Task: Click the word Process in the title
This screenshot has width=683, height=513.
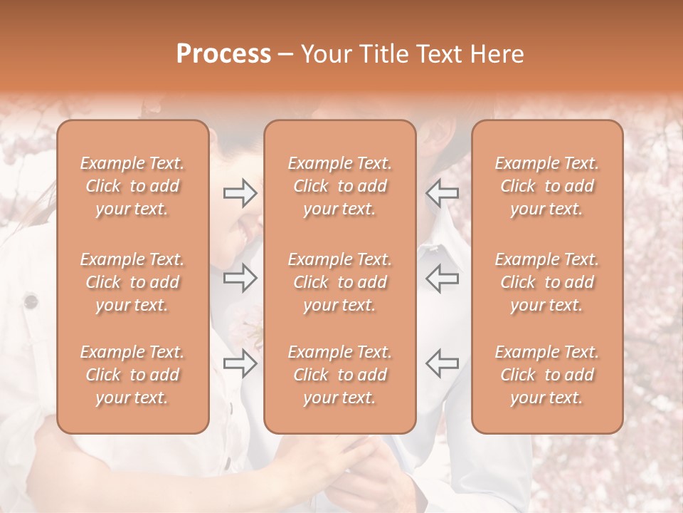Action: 223,54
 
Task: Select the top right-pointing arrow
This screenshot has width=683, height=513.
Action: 240,193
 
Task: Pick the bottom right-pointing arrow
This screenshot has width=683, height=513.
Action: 240,363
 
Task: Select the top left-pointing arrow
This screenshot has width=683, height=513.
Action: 442,193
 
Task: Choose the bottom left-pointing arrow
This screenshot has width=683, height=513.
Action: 442,363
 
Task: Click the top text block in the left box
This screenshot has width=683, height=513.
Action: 132,187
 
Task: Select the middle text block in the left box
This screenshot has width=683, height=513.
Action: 132,282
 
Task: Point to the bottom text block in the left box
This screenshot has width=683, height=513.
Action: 132,375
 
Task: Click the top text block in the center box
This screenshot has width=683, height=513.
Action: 339,187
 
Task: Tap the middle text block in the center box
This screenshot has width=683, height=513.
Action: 339,282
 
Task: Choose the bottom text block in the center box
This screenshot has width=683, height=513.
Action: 339,375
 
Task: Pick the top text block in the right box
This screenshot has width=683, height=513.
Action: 546,187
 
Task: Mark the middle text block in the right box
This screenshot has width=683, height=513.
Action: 546,282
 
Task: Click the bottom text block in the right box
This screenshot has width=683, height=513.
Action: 546,375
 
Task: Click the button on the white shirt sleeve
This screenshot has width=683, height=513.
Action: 31,301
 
